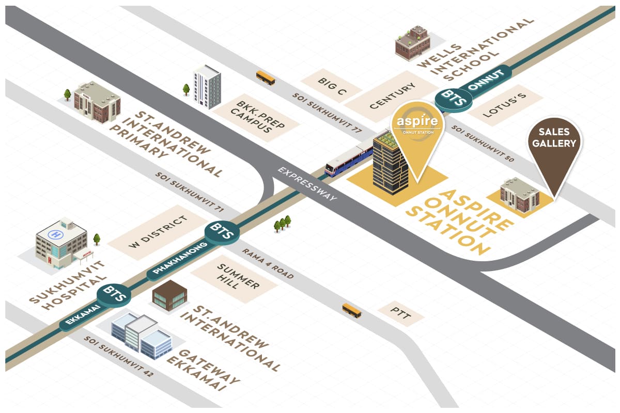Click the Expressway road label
click(308, 184)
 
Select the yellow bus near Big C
click(266, 78)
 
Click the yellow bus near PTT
click(352, 310)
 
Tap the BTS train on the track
click(349, 160)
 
